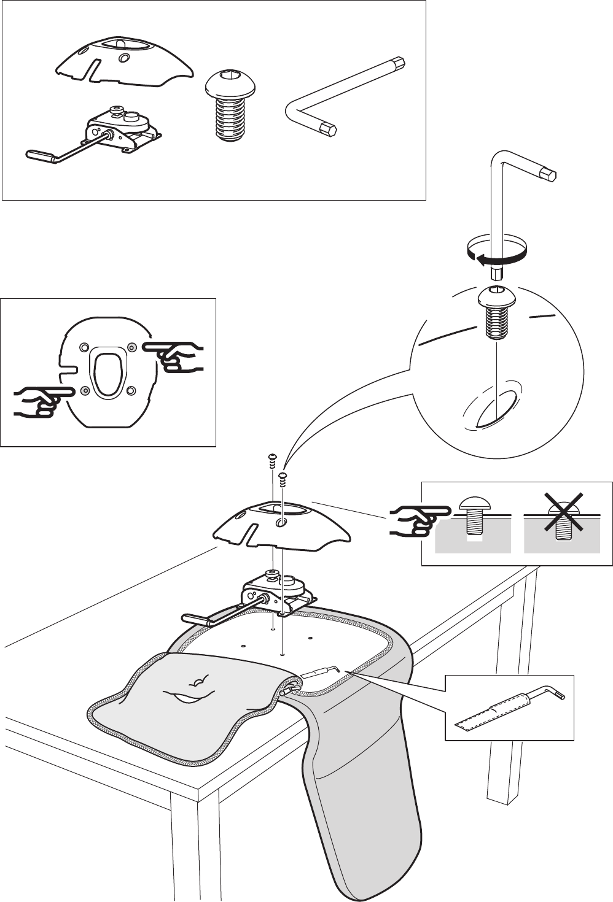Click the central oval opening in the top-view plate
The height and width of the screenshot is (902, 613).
tap(107, 373)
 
